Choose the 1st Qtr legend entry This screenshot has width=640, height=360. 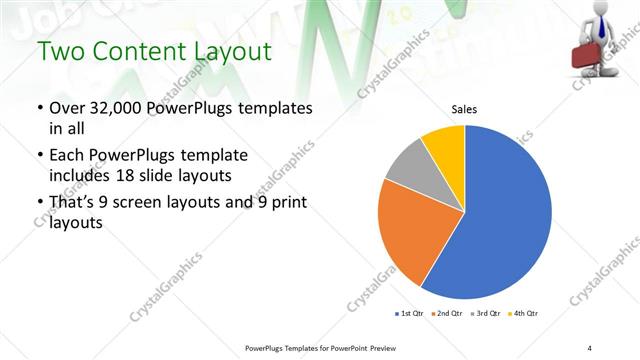(x=409, y=314)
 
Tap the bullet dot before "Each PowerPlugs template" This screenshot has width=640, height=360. (x=40, y=156)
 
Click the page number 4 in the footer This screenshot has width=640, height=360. (x=589, y=346)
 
